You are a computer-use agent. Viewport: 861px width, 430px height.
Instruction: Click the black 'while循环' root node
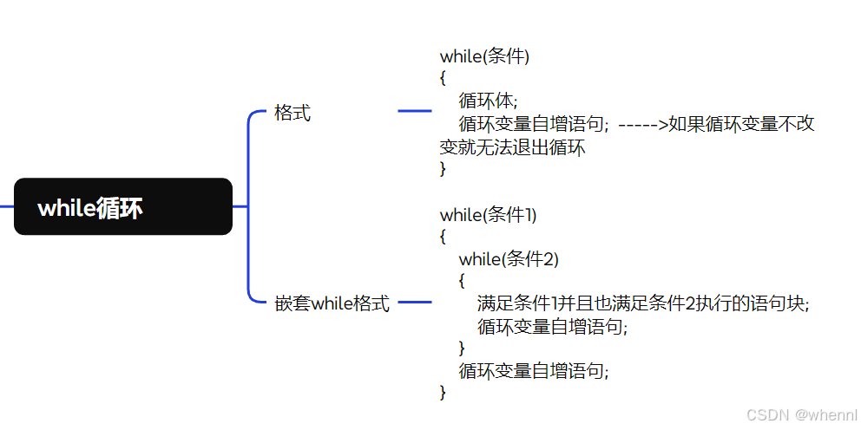[x=123, y=206]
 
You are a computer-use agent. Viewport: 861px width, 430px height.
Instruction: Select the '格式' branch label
[x=292, y=113]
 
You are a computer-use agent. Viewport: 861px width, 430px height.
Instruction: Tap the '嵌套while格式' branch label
[x=332, y=304]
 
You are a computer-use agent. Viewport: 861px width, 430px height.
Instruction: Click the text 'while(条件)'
[x=484, y=56]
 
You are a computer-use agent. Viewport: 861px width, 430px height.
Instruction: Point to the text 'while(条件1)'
[x=488, y=214]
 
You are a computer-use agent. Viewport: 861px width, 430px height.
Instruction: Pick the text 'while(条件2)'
[x=509, y=258]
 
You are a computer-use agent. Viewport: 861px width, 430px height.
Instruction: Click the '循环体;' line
[x=488, y=101]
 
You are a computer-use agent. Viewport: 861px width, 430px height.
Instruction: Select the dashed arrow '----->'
[x=643, y=124]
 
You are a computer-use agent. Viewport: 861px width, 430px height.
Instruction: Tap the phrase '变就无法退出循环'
[x=513, y=147]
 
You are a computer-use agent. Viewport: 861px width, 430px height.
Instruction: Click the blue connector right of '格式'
[x=414, y=111]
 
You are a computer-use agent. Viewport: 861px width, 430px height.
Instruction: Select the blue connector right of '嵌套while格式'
[x=414, y=303]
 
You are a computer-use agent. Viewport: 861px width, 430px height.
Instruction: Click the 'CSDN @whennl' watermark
[x=801, y=415]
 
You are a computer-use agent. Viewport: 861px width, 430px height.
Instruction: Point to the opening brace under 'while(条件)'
[x=443, y=79]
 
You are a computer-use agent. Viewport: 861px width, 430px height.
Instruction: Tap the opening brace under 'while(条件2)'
[x=462, y=281]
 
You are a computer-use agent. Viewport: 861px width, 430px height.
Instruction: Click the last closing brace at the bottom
[x=443, y=393]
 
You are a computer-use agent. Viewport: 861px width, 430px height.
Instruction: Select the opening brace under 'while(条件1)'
[x=443, y=236]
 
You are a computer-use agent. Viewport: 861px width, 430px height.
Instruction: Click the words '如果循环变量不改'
[x=742, y=124]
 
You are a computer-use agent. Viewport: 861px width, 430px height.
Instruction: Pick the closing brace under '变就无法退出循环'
[x=443, y=169]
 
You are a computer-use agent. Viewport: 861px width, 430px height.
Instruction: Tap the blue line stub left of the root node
[x=6, y=206]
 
